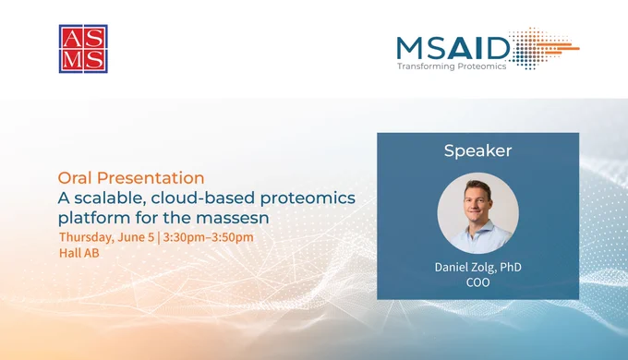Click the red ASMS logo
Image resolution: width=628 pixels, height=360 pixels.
(x=83, y=49)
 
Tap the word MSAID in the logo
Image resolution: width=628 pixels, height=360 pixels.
(x=453, y=48)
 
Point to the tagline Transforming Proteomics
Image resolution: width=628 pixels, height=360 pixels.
(x=452, y=66)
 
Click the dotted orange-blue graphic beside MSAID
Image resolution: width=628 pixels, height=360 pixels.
(x=545, y=48)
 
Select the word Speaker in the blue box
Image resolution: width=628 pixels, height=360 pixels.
(x=477, y=150)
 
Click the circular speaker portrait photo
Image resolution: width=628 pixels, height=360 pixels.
(x=477, y=213)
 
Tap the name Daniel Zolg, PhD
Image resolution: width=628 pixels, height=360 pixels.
(x=477, y=267)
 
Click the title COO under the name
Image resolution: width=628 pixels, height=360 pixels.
(x=477, y=282)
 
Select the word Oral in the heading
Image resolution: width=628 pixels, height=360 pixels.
(x=75, y=178)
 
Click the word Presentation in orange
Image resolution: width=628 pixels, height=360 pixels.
(x=151, y=178)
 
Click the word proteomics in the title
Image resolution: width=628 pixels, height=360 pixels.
(x=308, y=198)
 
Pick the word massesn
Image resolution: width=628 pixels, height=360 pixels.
(x=233, y=218)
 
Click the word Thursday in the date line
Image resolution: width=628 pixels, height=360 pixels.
(x=87, y=237)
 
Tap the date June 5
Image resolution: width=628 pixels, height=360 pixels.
(x=136, y=237)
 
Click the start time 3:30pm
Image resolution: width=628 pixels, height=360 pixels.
(x=184, y=237)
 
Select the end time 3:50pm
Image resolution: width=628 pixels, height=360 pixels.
(x=233, y=237)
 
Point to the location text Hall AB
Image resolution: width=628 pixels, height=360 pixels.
(x=78, y=253)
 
